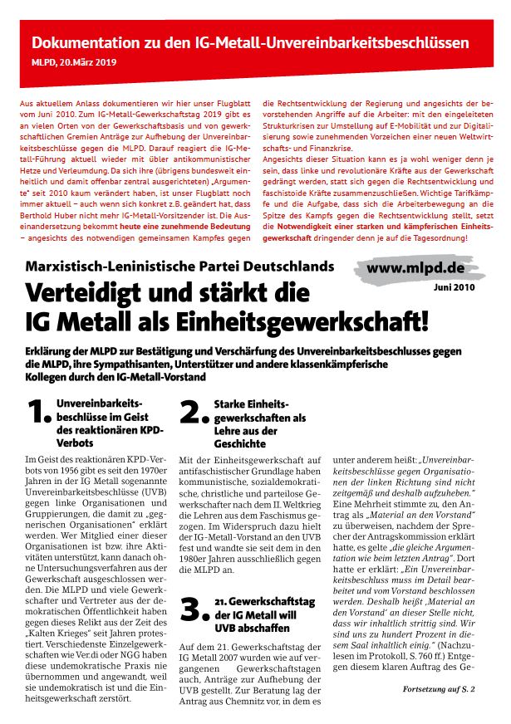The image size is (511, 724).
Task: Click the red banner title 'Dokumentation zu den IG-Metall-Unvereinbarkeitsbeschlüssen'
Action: coord(250,42)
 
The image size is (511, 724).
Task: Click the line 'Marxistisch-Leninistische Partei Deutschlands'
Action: coord(179,267)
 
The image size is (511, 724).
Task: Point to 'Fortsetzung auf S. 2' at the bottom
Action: coord(438,689)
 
